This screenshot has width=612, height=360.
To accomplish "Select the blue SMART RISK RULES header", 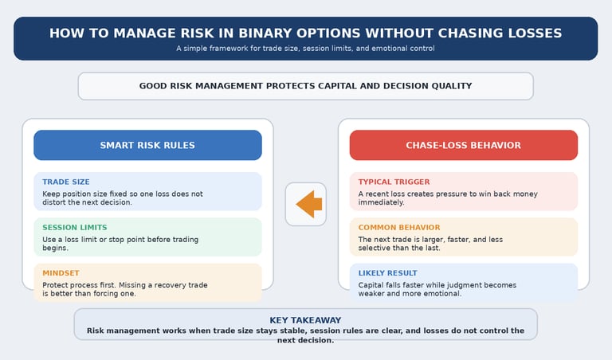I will click(147, 146).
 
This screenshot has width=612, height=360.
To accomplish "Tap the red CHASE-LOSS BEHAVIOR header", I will click(463, 146).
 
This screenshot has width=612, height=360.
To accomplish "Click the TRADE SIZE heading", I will click(66, 182).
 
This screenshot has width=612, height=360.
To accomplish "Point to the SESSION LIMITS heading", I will click(74, 228).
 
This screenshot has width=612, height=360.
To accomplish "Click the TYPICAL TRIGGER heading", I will click(394, 182).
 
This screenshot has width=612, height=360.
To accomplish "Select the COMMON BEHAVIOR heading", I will click(398, 228).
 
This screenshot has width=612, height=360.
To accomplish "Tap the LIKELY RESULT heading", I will click(387, 273).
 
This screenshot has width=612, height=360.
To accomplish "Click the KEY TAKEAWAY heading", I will click(305, 320).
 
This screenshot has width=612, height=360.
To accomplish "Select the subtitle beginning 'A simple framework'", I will click(305, 49).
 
